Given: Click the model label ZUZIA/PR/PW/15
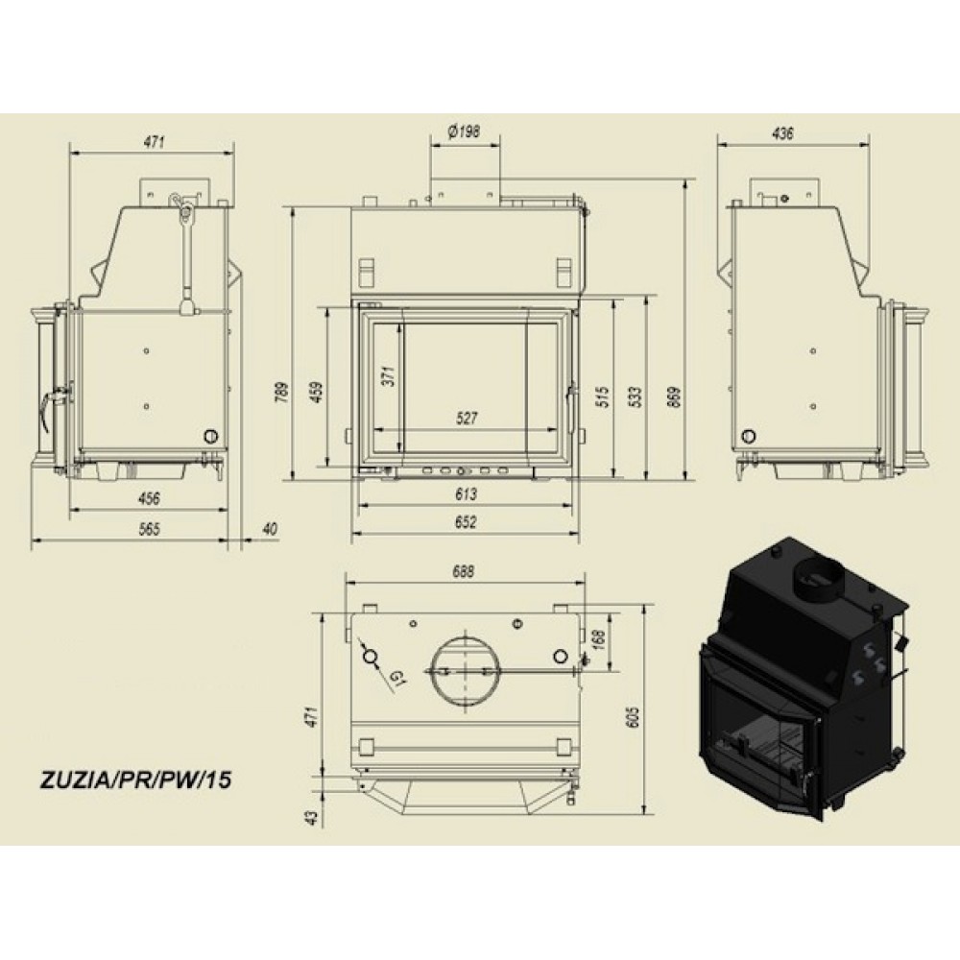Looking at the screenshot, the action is click(135, 780).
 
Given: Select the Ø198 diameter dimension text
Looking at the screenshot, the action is click(464, 131).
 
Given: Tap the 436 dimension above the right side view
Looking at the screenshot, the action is click(783, 132).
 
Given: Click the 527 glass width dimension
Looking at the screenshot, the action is click(467, 419).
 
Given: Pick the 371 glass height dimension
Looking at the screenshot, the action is click(389, 375).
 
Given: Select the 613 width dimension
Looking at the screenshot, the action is click(466, 493).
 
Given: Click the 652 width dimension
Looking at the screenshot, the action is click(466, 522).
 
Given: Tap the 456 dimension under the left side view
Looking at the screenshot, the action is click(149, 498).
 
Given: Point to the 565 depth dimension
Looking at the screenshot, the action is click(149, 528).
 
